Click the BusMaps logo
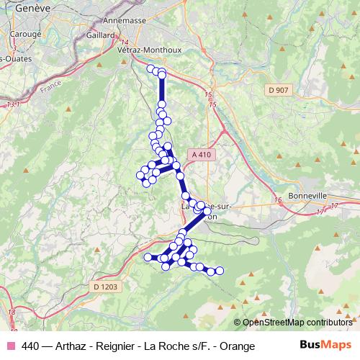325,345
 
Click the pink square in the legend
9,346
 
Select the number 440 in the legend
31,346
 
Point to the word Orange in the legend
237,346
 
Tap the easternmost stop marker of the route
220,271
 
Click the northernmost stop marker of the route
151,68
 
